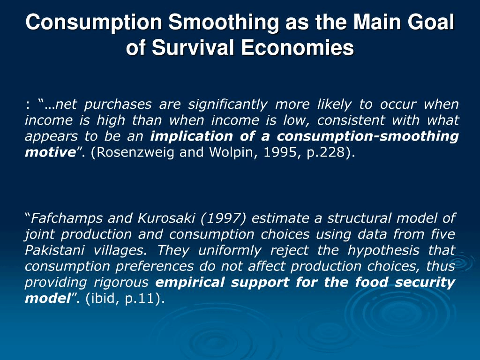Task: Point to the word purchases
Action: [118, 104]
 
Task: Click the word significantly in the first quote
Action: [227, 104]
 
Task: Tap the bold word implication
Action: [191, 136]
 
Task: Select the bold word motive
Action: [50, 152]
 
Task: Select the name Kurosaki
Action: [166, 218]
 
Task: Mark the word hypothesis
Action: [383, 250]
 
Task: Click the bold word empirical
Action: [190, 282]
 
